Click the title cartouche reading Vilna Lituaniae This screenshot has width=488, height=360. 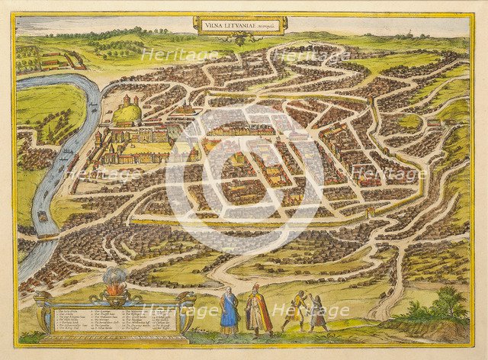239,24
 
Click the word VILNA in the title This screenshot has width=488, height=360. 213,24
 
